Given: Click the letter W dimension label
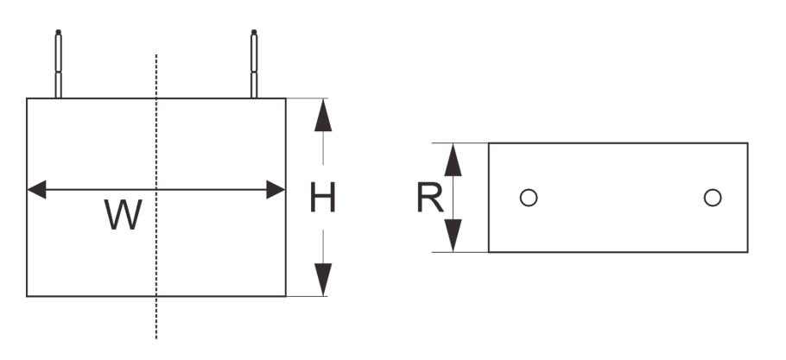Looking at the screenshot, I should tap(124, 215).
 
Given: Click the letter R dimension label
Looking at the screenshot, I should tap(429, 199).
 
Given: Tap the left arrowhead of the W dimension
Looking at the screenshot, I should tap(37, 190).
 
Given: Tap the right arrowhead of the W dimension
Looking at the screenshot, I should tap(276, 190).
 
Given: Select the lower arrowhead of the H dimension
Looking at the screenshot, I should tap(323, 280).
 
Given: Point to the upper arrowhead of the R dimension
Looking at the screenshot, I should tap(453, 160).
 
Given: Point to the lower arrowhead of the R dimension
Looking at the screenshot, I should tap(453, 236).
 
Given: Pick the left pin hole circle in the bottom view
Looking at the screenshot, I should tap(529, 198).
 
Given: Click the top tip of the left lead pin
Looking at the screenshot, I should tap(58, 34).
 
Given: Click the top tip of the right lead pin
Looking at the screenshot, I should tap(255, 34).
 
